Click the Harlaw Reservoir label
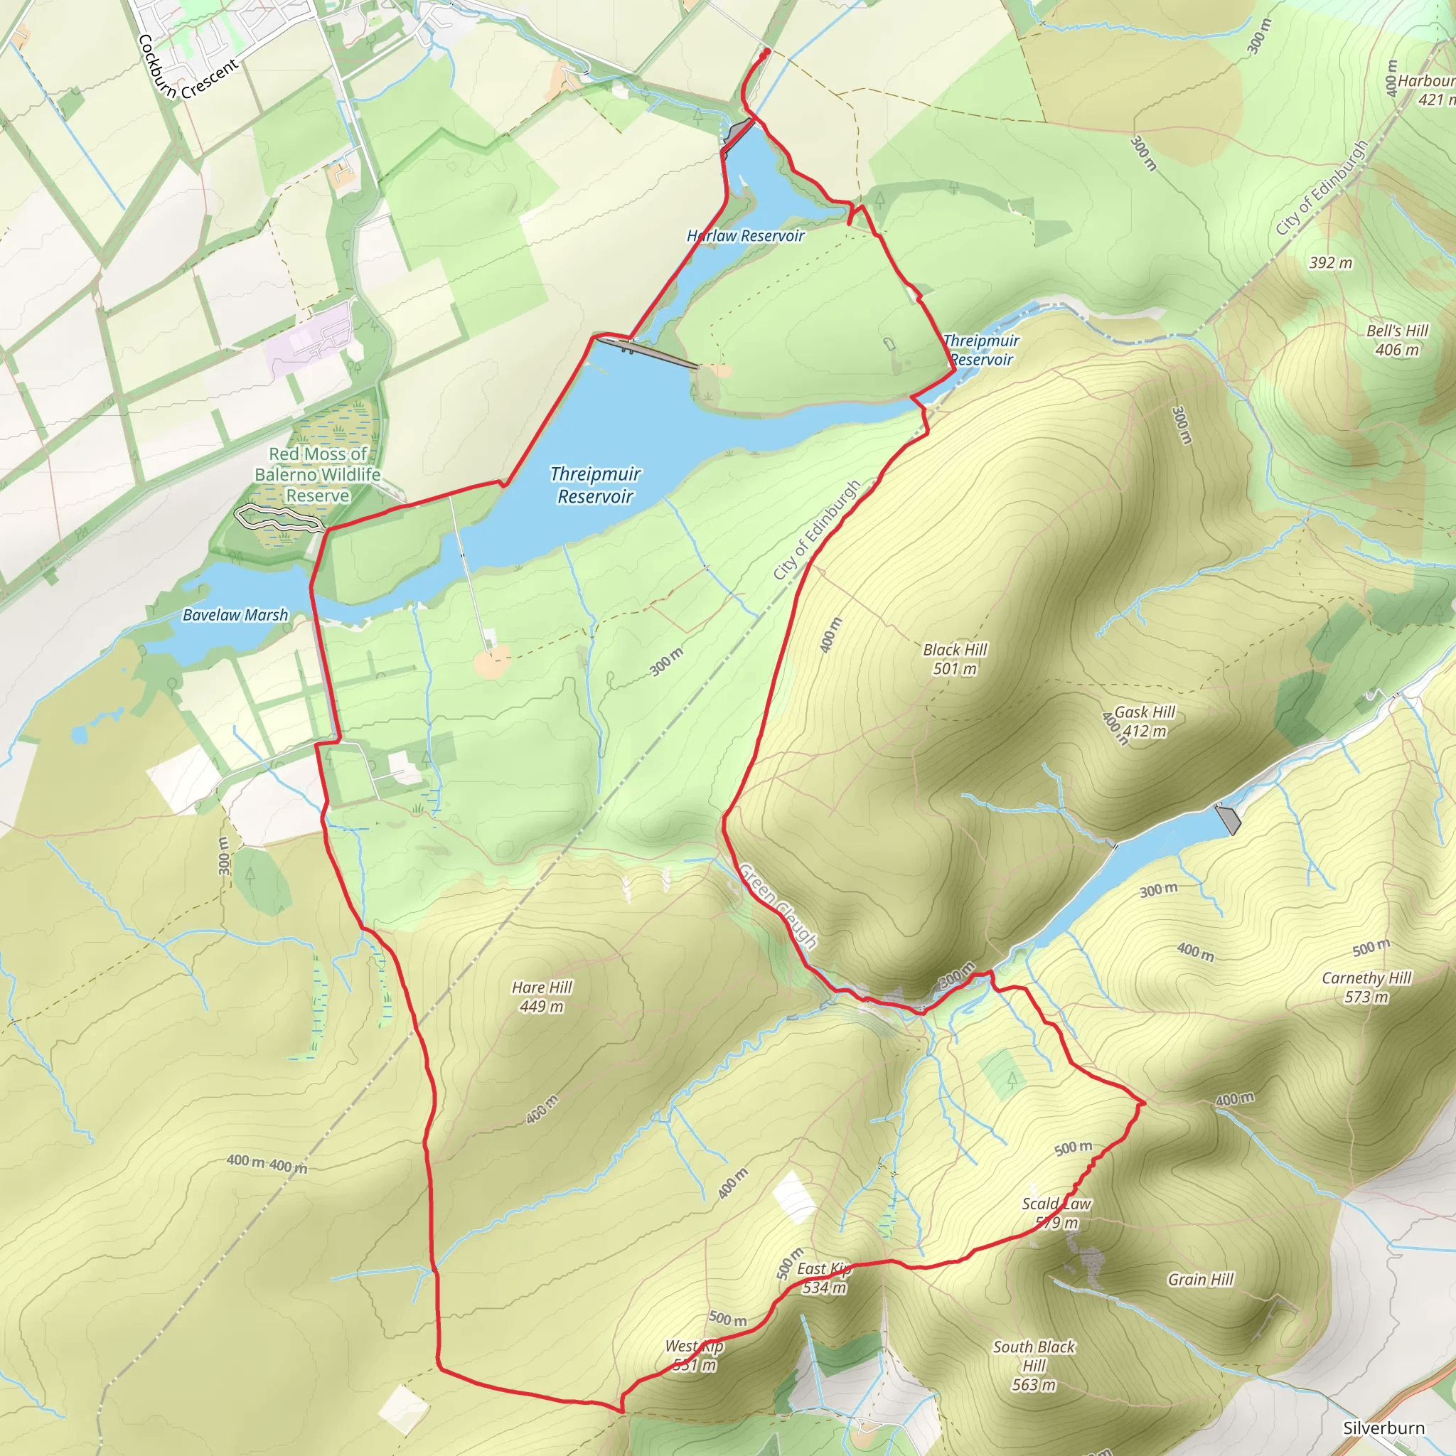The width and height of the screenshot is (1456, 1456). click(745, 236)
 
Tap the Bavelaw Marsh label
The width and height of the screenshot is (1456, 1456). click(235, 615)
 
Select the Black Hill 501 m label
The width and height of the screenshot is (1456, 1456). click(955, 658)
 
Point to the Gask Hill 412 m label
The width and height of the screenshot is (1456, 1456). click(1144, 721)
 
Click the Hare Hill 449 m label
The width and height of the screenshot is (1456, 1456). click(542, 996)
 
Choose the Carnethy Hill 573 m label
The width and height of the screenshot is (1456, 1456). click(1366, 987)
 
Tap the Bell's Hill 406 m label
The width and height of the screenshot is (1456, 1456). click(1397, 340)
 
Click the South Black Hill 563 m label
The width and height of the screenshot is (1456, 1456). click(1033, 1365)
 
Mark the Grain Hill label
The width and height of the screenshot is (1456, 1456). click(1201, 1279)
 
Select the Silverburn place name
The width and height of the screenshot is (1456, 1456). click(1383, 1428)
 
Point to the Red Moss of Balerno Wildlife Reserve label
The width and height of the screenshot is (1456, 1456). click(317, 475)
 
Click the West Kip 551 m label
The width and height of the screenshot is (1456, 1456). click(694, 1355)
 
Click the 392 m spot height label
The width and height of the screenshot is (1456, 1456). click(1330, 263)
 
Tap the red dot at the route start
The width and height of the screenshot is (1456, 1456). click(766, 52)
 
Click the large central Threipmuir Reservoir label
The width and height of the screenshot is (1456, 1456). click(595, 485)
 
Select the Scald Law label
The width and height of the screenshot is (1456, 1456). click(1056, 1204)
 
